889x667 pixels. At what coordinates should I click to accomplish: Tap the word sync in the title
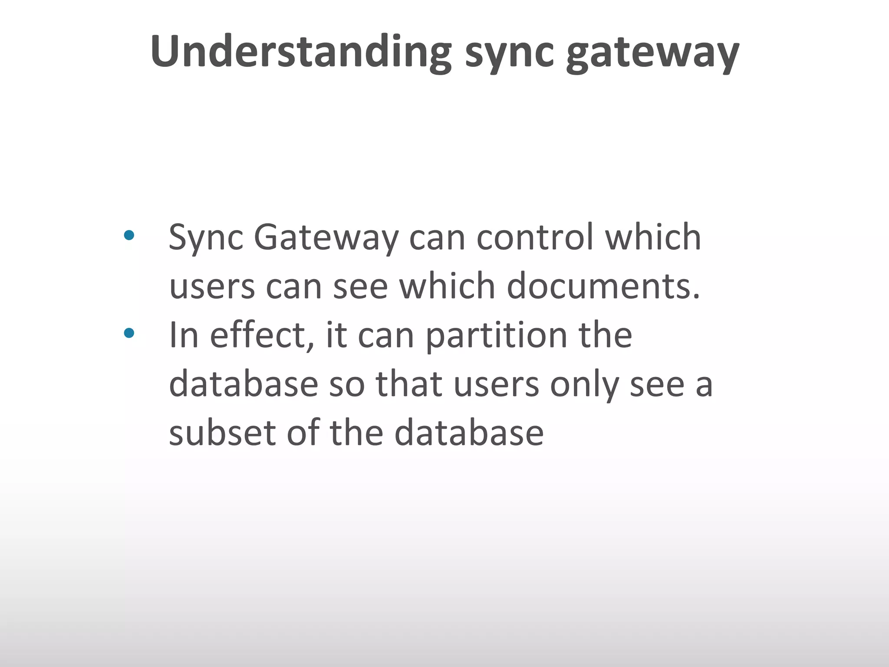[509, 53]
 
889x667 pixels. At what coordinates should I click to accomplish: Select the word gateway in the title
[652, 53]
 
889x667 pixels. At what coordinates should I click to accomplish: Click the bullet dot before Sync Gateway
[129, 236]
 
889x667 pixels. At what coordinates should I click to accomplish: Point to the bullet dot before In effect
[129, 333]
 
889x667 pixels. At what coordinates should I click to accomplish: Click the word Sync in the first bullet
[206, 238]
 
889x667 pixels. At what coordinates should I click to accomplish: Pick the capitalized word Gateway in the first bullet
[326, 238]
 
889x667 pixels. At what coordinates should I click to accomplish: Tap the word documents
[603, 286]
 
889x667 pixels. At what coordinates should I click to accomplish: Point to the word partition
[496, 336]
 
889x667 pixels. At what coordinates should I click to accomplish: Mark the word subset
[223, 433]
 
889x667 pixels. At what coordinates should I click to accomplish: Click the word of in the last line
[303, 433]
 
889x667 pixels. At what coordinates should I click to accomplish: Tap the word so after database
[347, 385]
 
